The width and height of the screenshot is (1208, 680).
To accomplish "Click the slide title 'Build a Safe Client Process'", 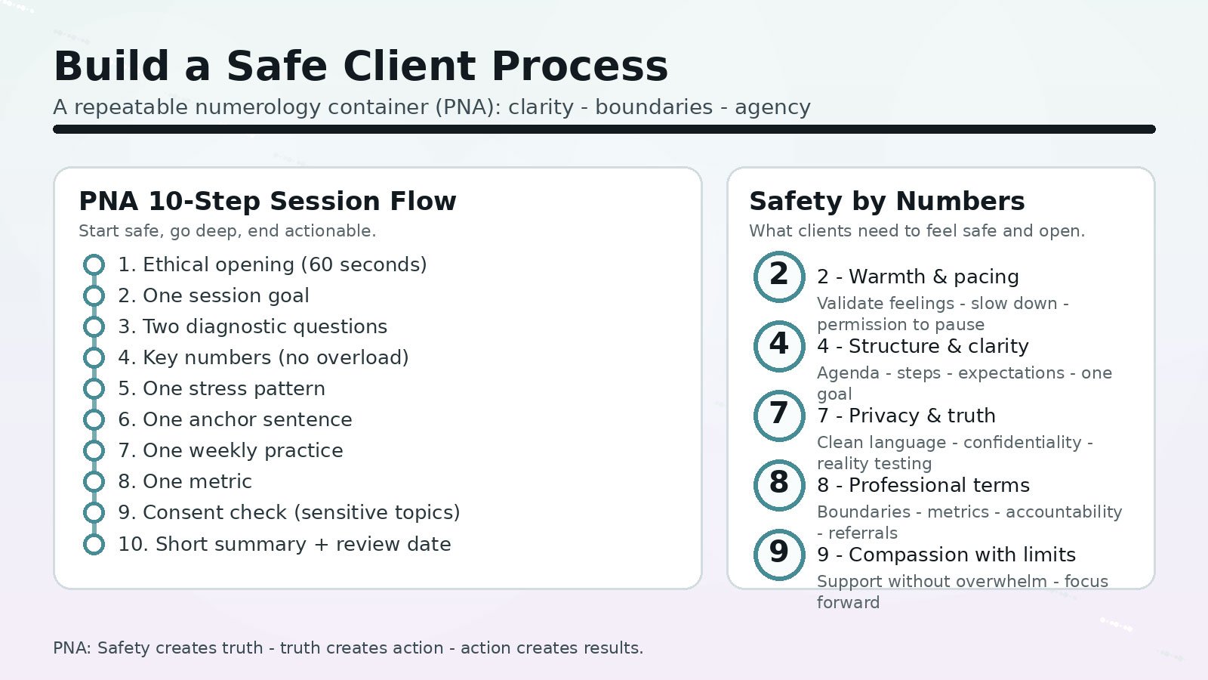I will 361,66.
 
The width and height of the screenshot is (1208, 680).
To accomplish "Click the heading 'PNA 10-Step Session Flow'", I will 267,202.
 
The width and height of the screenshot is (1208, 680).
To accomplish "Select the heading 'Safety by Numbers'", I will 886,202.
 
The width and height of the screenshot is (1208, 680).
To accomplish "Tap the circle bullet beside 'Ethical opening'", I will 94,264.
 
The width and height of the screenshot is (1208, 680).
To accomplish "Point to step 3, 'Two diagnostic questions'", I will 252,326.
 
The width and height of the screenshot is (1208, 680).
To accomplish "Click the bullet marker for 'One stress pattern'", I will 94,388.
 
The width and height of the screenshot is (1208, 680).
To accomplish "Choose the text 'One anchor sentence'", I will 247,419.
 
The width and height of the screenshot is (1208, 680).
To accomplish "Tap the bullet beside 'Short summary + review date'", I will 94,544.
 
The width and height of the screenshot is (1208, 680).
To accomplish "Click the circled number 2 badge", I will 779,277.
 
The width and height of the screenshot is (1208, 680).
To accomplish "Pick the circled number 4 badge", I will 779,346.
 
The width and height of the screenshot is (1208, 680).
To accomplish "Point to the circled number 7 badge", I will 779,416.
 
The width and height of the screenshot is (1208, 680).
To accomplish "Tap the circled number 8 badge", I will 779,485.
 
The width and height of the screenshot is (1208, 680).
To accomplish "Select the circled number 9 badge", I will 779,555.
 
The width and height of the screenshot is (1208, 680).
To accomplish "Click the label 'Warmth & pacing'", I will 933,277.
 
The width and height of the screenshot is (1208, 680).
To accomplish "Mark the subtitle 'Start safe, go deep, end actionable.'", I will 227,231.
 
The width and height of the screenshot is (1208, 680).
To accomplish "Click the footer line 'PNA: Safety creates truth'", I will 348,648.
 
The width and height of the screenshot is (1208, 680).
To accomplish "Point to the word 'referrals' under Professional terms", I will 863,533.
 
